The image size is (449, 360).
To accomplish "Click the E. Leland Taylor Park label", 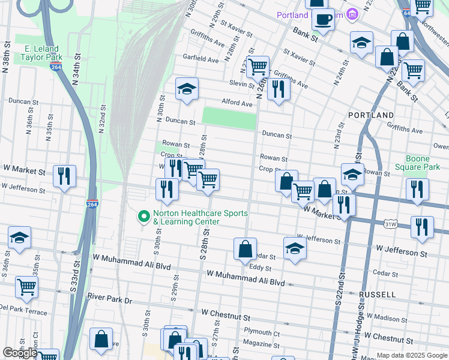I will (41, 53).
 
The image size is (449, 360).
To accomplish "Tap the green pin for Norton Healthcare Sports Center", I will (143, 215).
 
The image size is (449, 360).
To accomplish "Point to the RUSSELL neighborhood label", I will (377, 295).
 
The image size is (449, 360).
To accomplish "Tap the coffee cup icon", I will (323, 19).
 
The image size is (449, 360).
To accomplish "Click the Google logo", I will (20, 353).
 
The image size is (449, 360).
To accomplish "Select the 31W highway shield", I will (391, 223).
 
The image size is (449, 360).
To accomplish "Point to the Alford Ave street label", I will (237, 103).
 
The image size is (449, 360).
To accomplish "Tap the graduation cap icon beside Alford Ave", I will (187, 90).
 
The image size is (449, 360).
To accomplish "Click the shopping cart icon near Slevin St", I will (258, 67).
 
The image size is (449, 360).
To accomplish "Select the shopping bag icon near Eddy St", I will (245, 248).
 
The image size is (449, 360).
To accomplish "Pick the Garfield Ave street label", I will (200, 60).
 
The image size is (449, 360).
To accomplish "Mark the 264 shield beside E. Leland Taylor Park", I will (56, 64).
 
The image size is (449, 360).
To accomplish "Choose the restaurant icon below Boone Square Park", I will (417, 189).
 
